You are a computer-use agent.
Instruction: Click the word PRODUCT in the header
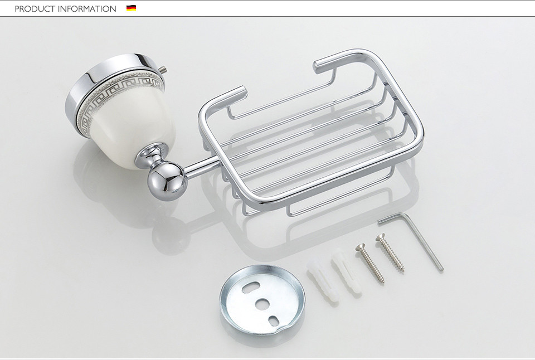tap(35, 9)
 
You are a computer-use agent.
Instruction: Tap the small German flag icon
tap(131, 8)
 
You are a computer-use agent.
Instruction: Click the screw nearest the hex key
tap(390, 252)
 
